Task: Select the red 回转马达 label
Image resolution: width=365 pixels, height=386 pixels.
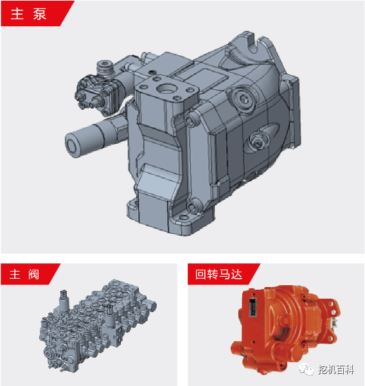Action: click(219, 274)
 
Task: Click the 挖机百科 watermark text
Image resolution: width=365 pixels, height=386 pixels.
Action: click(336, 369)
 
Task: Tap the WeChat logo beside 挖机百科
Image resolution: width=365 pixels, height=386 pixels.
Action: click(306, 369)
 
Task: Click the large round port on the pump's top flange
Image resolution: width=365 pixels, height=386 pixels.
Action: click(166, 88)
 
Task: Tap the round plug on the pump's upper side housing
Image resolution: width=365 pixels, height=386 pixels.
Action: click(243, 99)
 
